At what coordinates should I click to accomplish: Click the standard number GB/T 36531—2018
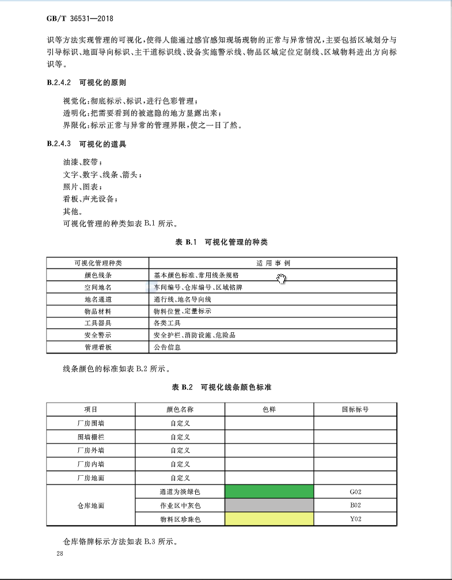(x=80, y=18)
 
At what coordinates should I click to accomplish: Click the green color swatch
(x=269, y=492)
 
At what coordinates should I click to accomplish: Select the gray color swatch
(x=269, y=505)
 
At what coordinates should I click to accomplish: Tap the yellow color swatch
(x=269, y=519)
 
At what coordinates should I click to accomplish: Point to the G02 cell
(x=355, y=492)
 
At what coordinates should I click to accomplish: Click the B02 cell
(x=355, y=505)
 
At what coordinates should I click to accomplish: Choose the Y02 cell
(x=355, y=519)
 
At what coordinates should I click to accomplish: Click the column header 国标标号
(x=355, y=409)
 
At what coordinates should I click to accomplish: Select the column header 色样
(x=269, y=409)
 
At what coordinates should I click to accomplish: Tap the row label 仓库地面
(x=90, y=506)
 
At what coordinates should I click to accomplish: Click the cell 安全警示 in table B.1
(x=98, y=335)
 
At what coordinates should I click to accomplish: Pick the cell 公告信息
(x=168, y=347)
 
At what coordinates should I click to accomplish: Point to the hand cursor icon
(x=282, y=279)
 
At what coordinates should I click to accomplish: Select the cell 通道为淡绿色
(x=180, y=492)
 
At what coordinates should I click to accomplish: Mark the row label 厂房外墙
(x=90, y=450)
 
